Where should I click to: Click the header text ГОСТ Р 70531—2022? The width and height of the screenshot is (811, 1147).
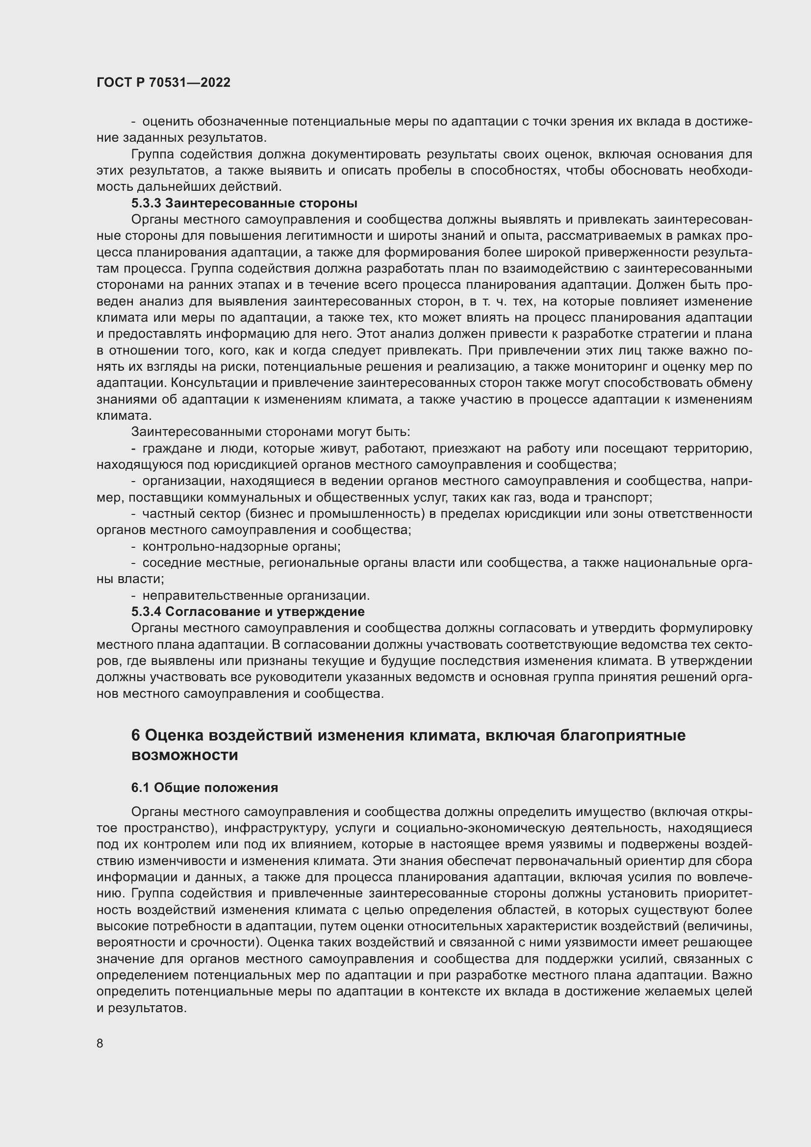click(163, 83)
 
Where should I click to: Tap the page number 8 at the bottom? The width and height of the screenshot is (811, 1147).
click(100, 1043)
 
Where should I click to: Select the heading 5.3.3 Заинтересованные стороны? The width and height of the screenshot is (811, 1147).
click(244, 204)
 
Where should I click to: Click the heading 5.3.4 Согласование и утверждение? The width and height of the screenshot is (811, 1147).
click(248, 612)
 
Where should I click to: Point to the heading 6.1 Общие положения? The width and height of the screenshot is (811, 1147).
click(204, 788)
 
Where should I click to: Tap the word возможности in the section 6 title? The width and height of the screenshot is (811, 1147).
click(184, 755)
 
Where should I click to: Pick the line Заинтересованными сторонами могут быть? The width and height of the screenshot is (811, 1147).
click(270, 432)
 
